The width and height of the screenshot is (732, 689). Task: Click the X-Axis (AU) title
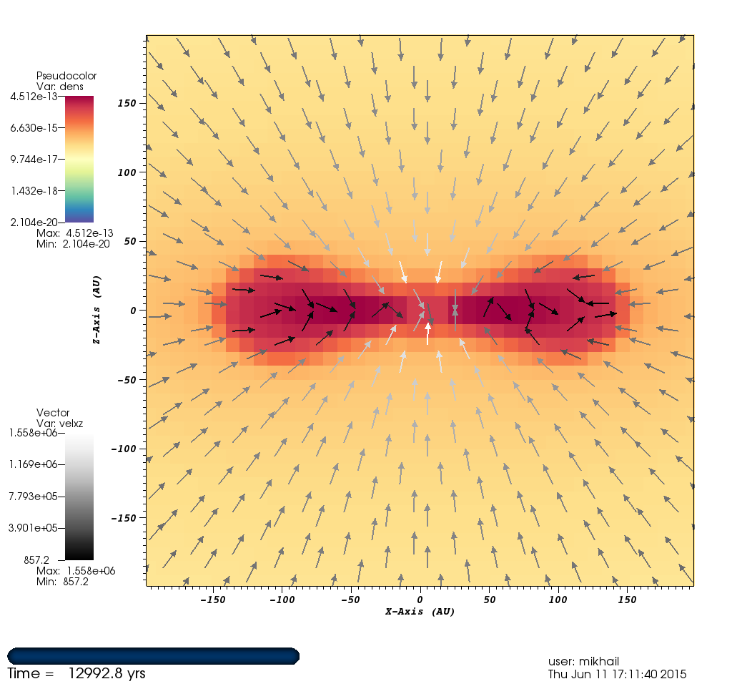[x=420, y=612]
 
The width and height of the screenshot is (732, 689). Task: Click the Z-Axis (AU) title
[x=96, y=311]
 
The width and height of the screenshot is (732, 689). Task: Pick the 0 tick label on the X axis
[x=421, y=598]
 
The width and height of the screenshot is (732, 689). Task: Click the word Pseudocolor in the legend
[x=66, y=76]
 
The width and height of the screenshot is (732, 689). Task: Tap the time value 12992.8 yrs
[x=107, y=673]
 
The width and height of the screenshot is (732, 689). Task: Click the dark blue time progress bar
[x=153, y=655]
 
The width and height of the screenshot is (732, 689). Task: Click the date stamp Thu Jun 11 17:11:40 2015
[x=617, y=674]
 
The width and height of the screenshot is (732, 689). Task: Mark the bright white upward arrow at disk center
[x=428, y=333]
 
